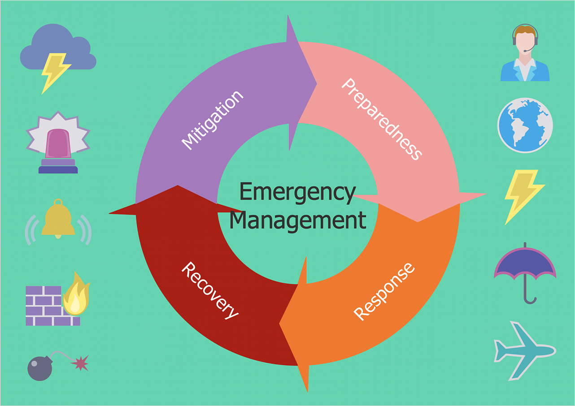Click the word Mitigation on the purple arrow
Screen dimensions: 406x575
coord(212,119)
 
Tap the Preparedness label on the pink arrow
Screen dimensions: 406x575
coord(382,119)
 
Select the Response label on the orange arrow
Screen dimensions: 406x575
coord(384,292)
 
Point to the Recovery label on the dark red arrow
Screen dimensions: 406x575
coord(210,290)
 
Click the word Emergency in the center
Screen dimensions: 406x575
coord(297,192)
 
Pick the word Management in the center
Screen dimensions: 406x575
coord(297,220)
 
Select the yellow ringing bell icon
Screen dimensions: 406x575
coord(58,220)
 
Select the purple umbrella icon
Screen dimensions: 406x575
coord(525,264)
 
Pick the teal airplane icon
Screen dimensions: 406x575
coord(524,350)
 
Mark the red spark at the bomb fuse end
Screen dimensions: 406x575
coord(80,363)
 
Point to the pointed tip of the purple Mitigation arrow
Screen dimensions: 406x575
coord(316,83)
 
